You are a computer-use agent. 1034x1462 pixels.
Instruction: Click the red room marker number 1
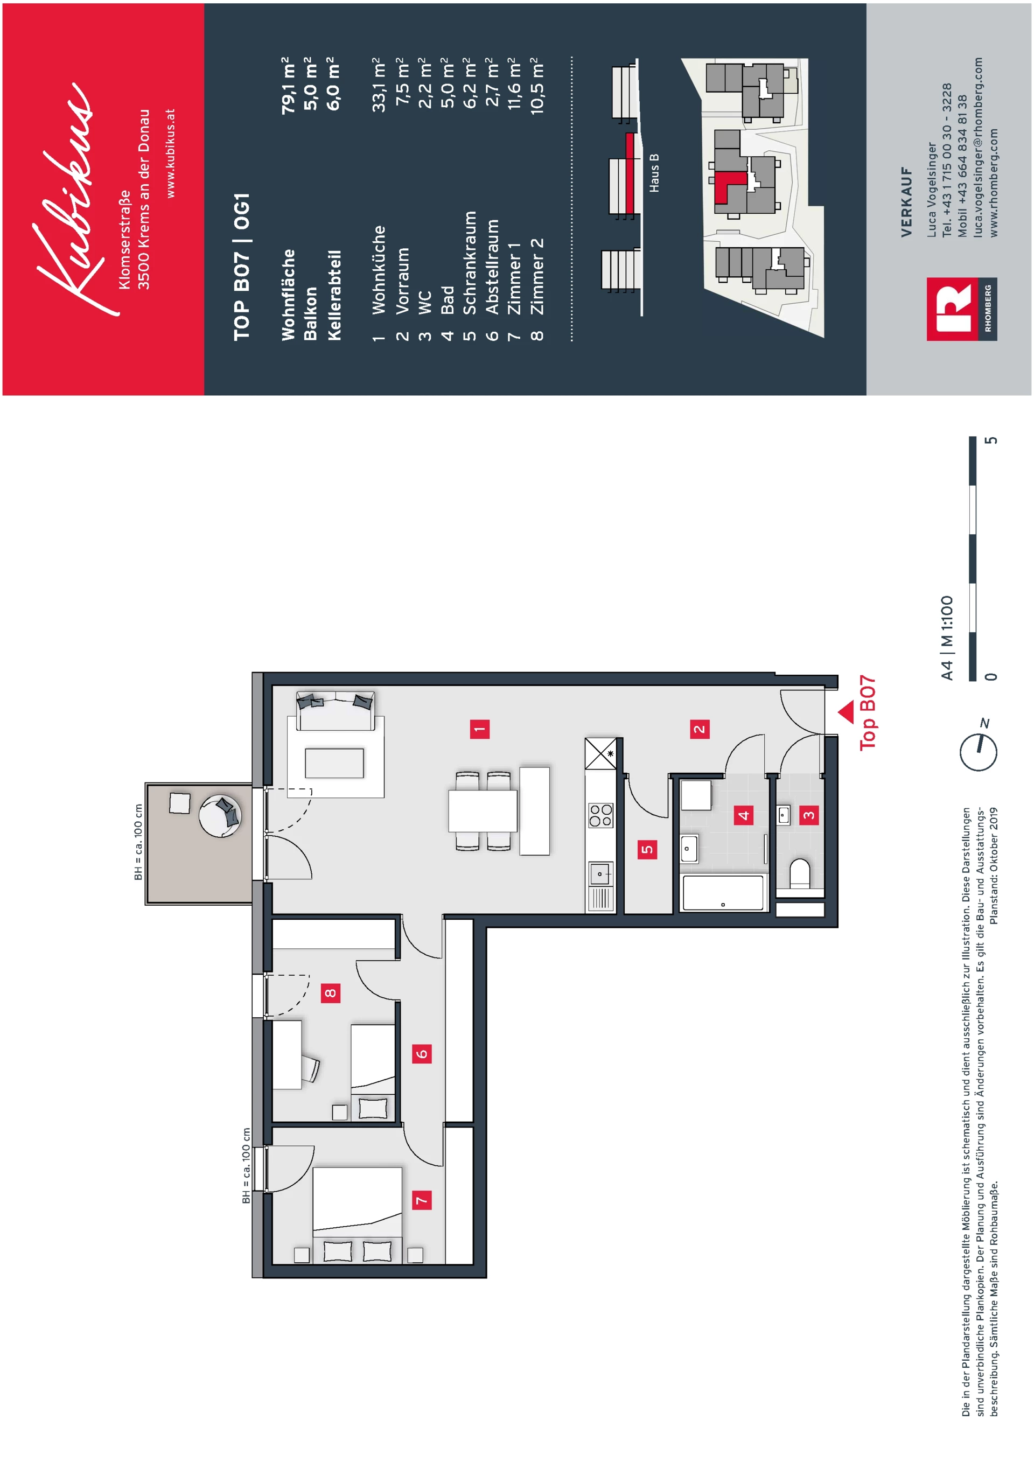tap(479, 729)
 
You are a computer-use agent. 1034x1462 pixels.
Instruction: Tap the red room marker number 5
tap(647, 849)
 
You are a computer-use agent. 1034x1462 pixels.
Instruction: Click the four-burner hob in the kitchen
tap(600, 815)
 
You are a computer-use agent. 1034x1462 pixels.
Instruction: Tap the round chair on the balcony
tap(220, 815)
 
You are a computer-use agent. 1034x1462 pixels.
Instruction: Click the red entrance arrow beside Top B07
tap(846, 712)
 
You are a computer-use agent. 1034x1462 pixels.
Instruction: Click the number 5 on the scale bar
tap(991, 440)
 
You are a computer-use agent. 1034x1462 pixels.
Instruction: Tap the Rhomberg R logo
tap(951, 310)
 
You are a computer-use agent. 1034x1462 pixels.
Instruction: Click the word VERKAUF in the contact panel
tap(906, 202)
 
